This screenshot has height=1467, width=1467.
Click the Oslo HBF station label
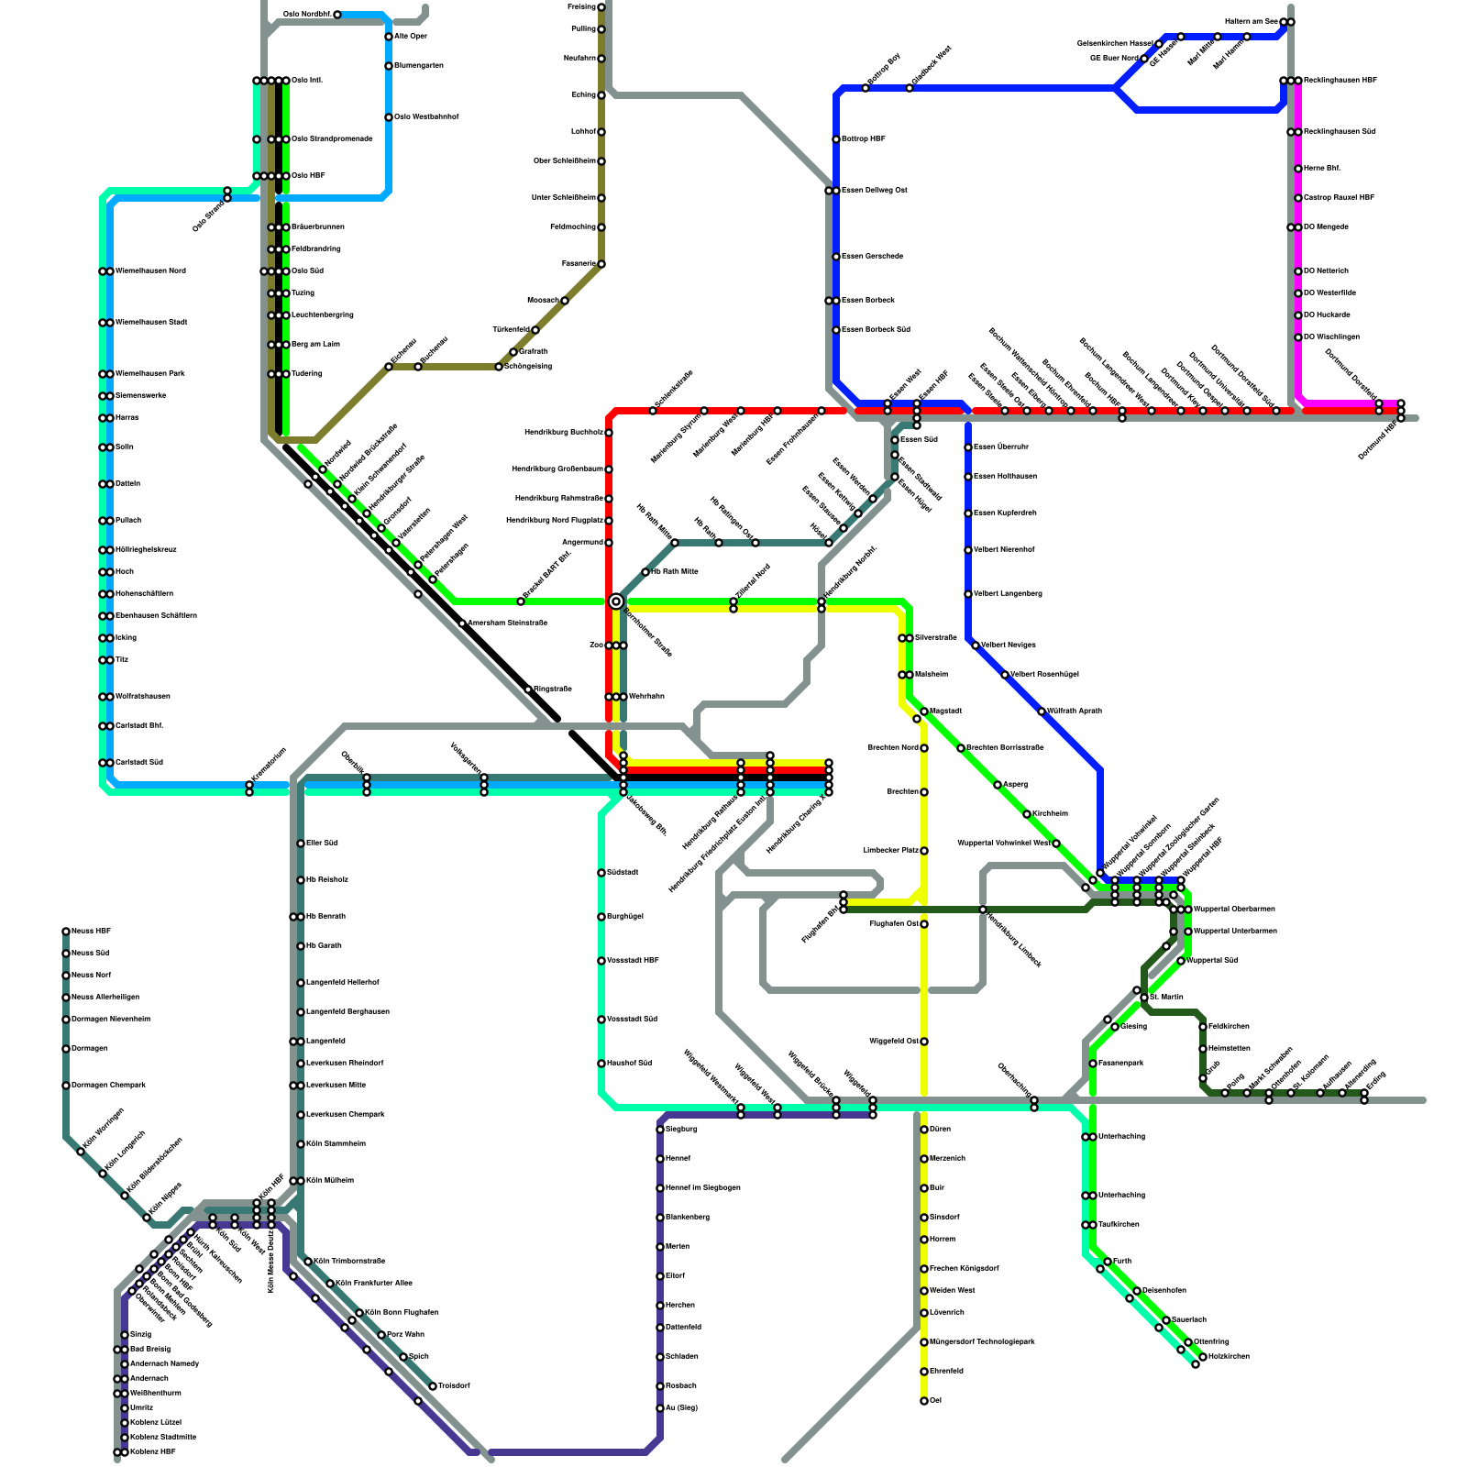308,176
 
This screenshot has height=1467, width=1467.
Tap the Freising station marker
601,7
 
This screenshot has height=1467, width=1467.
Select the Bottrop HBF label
864,139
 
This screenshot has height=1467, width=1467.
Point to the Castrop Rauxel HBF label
1339,198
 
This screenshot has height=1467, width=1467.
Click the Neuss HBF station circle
66,932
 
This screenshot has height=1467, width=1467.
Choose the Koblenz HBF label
152,1452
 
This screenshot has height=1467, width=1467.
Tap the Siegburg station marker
660,1130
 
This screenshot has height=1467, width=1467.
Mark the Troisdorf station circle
433,1386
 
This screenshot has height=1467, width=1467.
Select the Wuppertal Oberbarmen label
1234,910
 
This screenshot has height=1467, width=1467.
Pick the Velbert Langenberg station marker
968,594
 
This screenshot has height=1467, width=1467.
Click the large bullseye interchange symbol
616,601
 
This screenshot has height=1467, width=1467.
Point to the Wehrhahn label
646,697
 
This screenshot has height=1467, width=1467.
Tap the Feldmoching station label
573,227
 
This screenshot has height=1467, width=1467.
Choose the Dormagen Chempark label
108,1086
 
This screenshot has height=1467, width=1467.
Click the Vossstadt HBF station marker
601,961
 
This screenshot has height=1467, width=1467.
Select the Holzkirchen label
1229,1357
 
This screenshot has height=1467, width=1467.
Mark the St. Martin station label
1166,998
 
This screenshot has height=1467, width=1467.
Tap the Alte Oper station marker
389,37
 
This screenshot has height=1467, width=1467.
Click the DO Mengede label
1326,227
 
